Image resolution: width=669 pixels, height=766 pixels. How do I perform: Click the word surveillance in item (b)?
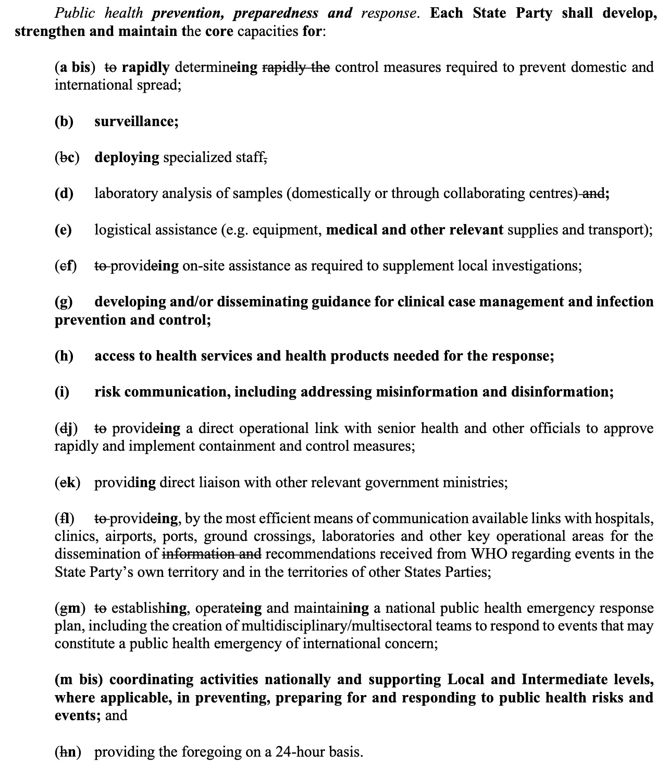click(x=136, y=121)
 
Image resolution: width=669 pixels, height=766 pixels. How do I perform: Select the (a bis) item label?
click(x=75, y=67)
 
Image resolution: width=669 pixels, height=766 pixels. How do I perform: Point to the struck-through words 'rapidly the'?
click(x=295, y=67)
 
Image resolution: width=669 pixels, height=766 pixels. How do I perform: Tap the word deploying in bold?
click(x=127, y=157)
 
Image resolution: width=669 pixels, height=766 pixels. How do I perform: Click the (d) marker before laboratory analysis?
click(x=64, y=193)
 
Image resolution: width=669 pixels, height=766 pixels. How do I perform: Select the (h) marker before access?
click(x=64, y=356)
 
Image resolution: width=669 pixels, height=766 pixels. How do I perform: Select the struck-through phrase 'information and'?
click(x=212, y=554)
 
